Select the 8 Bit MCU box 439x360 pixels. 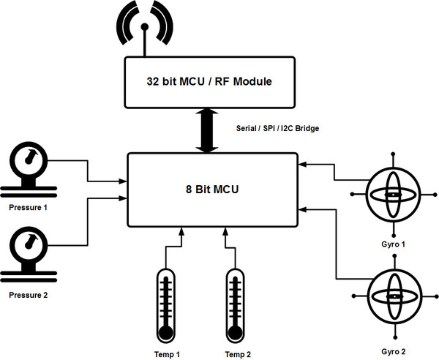(212, 190)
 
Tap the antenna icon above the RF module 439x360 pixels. (146, 29)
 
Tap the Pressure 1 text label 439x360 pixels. (27, 207)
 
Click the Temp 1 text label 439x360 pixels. (167, 354)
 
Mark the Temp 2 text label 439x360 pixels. (238, 354)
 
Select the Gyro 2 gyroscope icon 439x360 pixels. (394, 297)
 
